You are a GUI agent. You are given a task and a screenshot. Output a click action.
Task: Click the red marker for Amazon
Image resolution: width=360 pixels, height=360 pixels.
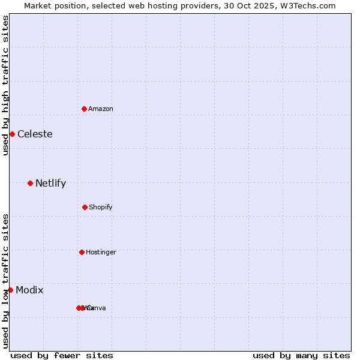(85, 109)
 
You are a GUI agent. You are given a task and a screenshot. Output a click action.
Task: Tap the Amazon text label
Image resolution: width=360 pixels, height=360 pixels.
(101, 109)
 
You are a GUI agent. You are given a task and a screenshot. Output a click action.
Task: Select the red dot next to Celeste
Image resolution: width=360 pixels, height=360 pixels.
(12, 134)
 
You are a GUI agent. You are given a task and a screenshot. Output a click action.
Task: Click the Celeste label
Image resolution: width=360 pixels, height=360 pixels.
(35, 134)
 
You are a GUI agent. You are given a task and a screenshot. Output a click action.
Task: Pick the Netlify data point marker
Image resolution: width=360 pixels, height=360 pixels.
(31, 183)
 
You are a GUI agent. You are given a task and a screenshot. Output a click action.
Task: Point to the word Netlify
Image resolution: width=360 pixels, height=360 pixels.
(50, 183)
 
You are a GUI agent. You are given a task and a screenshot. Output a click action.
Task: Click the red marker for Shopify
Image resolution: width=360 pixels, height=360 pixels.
(85, 207)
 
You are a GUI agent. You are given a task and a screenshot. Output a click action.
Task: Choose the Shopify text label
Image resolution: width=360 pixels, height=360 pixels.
(101, 207)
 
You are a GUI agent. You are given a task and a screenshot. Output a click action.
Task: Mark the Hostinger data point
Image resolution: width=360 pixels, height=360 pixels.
(82, 252)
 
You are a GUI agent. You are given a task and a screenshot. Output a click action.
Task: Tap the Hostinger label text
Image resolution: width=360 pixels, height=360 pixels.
(101, 252)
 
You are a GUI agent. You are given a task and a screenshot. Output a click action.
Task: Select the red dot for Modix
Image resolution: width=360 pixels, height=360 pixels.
(10, 290)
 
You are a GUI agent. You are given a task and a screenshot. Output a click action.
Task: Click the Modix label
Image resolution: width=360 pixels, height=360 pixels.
(29, 290)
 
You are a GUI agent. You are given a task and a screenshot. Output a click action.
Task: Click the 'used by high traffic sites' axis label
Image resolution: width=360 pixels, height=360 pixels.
(5, 85)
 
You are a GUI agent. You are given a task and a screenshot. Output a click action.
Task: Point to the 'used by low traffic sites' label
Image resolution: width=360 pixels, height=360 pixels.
(5, 281)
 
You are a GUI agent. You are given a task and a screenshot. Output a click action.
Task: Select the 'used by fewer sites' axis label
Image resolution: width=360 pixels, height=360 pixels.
(62, 355)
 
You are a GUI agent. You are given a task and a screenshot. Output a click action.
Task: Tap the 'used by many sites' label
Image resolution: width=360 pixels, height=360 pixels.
(301, 355)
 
